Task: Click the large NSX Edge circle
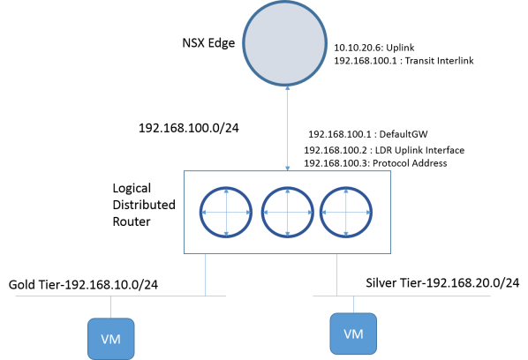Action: point(287,45)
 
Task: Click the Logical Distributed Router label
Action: point(142,205)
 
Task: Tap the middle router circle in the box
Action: point(288,214)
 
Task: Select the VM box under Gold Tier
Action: point(110,338)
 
